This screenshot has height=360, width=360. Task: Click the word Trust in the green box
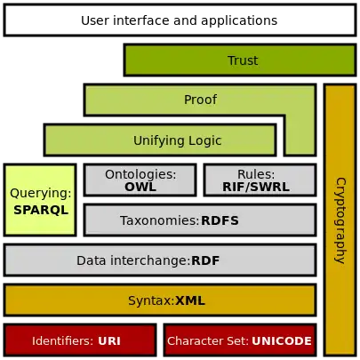(x=243, y=60)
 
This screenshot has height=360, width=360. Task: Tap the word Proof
(x=200, y=100)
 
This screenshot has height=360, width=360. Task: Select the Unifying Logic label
(x=177, y=140)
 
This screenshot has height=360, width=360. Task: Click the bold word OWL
(x=140, y=187)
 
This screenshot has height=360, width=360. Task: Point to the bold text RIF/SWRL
(x=256, y=187)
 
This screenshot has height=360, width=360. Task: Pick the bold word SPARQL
(x=41, y=210)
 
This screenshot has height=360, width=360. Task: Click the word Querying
(x=41, y=193)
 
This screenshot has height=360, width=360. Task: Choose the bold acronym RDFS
(x=220, y=220)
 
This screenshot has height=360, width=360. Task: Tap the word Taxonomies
(x=159, y=220)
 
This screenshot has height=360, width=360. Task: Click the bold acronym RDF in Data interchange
(x=205, y=260)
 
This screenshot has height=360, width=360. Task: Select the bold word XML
(x=190, y=300)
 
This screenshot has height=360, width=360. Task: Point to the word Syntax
(x=151, y=301)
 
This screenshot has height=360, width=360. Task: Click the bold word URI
(x=109, y=341)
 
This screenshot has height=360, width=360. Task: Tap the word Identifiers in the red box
(x=63, y=341)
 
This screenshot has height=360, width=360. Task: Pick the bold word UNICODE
(x=282, y=341)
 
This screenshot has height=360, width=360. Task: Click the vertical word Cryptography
(x=340, y=220)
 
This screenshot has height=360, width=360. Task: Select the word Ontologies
(x=140, y=174)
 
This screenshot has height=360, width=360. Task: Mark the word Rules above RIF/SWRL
(x=256, y=174)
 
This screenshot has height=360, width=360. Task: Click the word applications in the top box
(x=239, y=21)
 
